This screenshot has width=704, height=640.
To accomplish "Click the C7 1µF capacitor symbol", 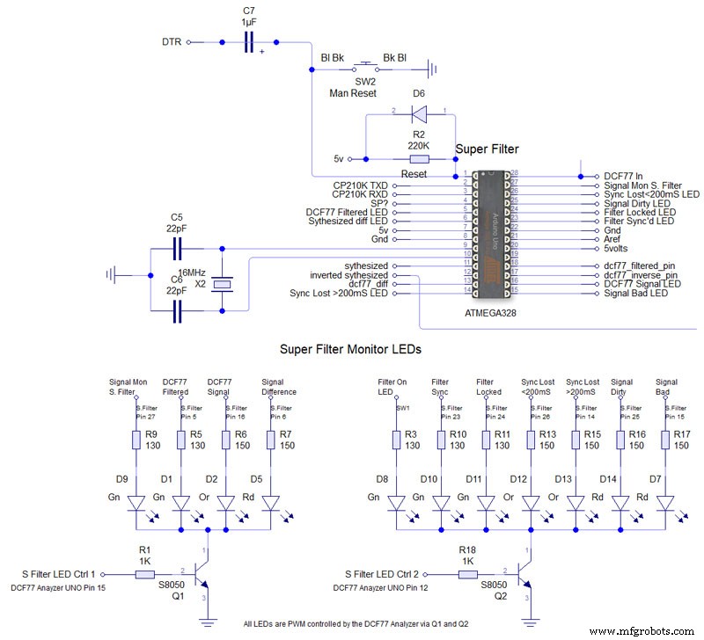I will (x=248, y=41).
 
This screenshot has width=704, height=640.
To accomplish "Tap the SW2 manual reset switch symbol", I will (x=365, y=65).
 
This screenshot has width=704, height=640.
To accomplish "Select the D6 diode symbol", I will (x=419, y=113).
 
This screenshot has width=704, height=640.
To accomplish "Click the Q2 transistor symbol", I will (x=524, y=573).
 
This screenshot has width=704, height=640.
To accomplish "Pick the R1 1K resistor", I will (x=146, y=573).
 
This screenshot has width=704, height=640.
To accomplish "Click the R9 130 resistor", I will (x=137, y=440).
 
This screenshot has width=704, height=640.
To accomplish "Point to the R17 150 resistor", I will (x=667, y=440).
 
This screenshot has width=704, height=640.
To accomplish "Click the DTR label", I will (x=172, y=41).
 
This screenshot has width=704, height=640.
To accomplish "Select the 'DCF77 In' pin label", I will (x=628, y=176).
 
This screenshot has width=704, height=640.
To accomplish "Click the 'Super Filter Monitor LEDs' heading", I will (x=350, y=349).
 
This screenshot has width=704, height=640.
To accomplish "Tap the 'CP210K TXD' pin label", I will (x=360, y=185).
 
